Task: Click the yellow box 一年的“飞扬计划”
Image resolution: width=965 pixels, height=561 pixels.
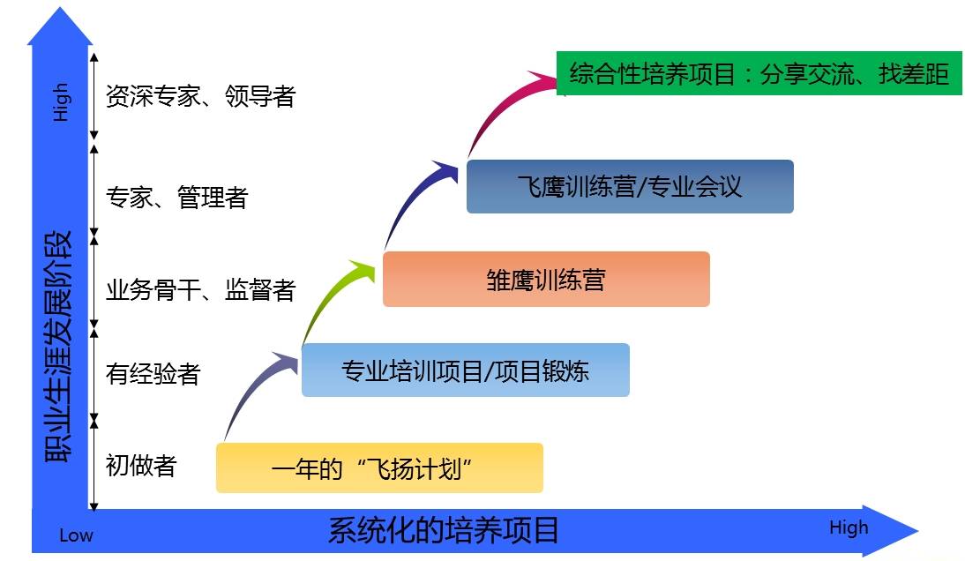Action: click(379, 467)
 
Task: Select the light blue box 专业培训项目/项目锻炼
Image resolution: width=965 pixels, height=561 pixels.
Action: click(465, 370)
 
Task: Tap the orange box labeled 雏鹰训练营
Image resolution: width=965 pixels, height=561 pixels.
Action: click(546, 279)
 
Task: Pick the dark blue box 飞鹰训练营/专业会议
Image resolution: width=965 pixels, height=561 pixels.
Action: click(630, 186)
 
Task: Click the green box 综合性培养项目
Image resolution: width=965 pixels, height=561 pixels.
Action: click(759, 74)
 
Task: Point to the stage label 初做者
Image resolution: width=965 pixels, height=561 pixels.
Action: click(141, 466)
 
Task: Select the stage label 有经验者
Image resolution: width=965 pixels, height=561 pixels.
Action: click(153, 373)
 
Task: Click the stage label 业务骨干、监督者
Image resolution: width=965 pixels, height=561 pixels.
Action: click(200, 289)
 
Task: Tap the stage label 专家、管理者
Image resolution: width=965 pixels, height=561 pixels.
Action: click(176, 198)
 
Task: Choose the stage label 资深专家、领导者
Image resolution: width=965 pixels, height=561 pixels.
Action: click(200, 96)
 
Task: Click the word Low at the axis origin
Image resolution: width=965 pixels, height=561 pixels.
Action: click(76, 535)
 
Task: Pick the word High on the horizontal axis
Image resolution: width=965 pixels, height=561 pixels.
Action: click(849, 527)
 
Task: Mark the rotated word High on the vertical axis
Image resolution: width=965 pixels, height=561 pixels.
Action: click(60, 102)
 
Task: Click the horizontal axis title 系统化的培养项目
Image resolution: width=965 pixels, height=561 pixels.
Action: click(443, 530)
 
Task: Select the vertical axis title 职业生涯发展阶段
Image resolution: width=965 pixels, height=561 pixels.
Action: click(58, 347)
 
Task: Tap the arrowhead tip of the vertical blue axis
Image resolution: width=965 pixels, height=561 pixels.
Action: click(60, 7)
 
